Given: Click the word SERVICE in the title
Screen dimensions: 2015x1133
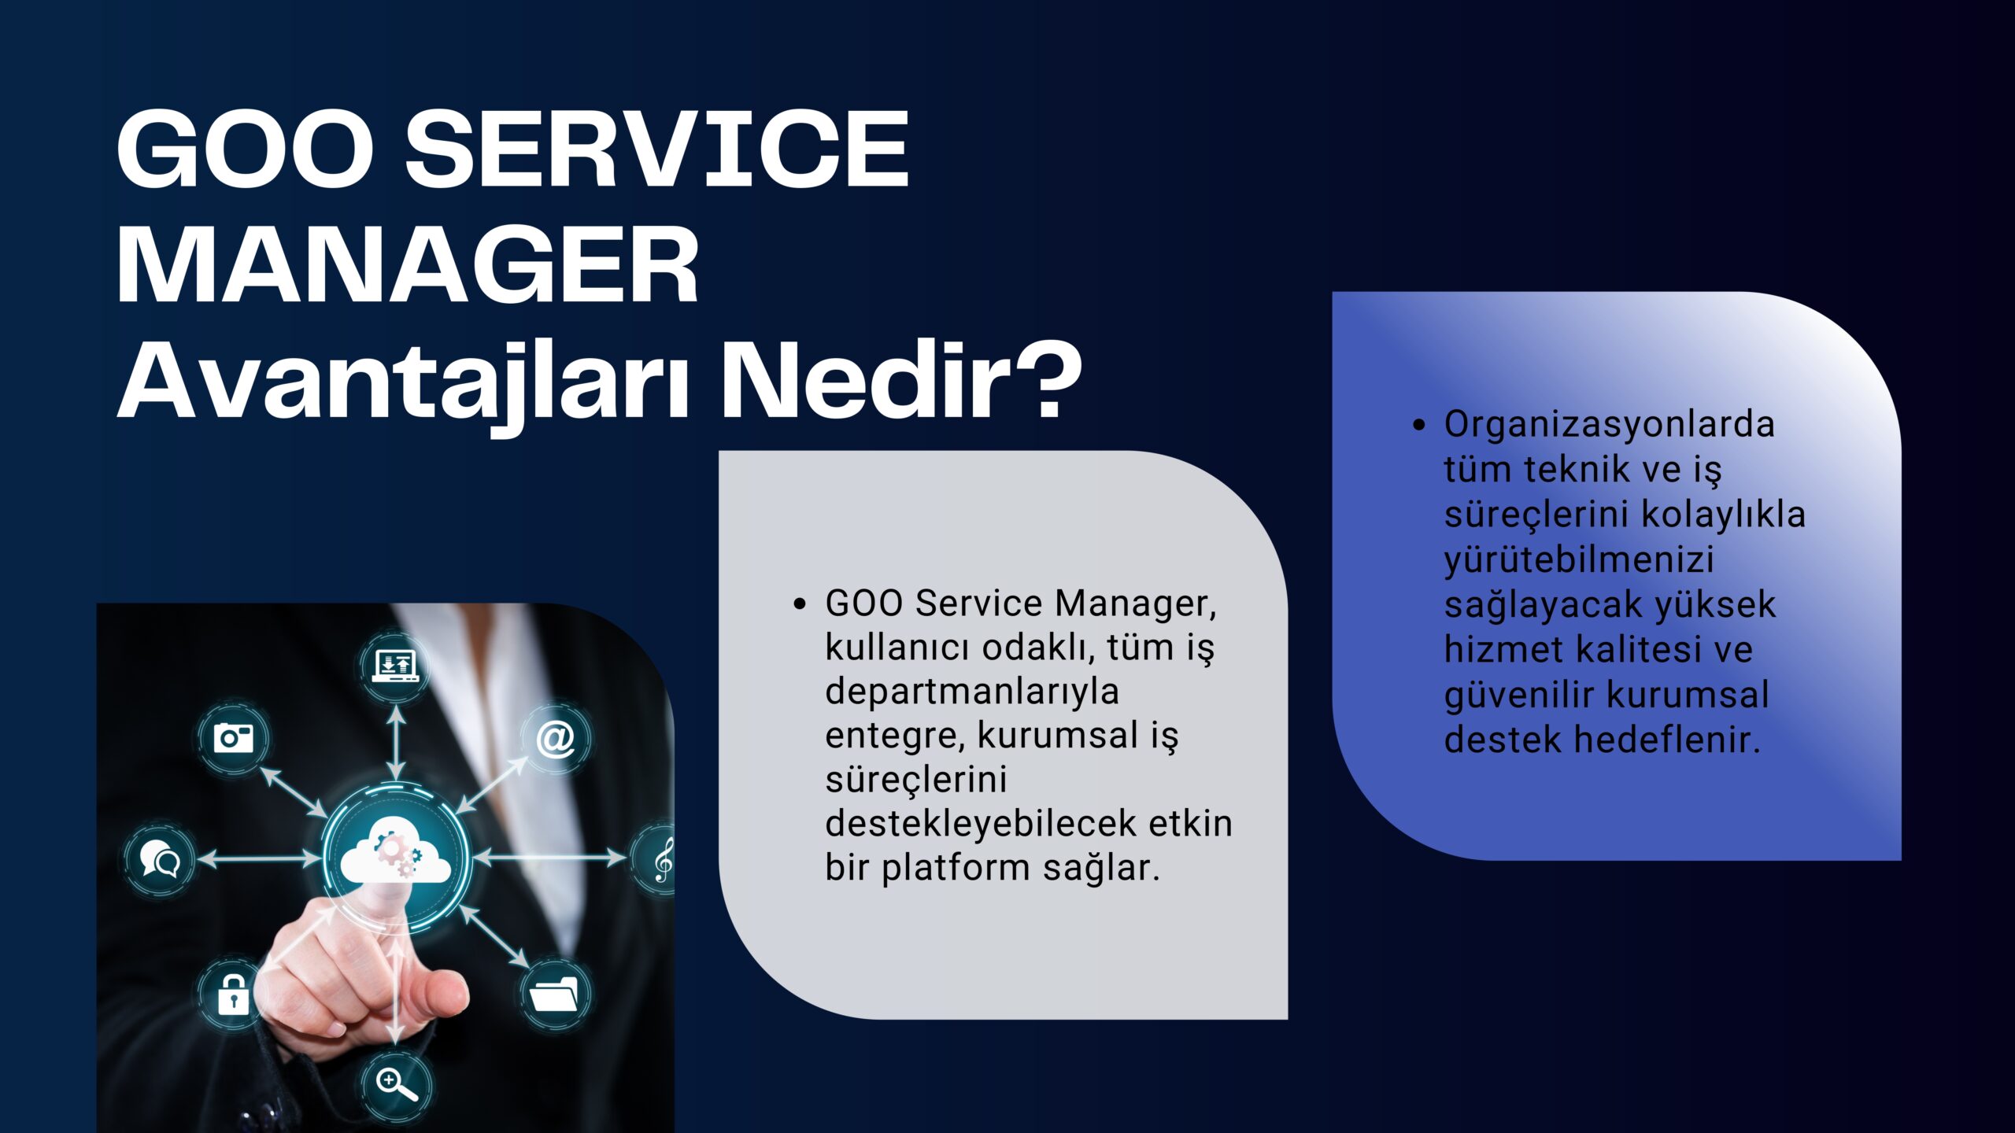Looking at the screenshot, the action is [656, 149].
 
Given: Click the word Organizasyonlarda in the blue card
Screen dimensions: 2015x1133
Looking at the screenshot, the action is [1609, 425].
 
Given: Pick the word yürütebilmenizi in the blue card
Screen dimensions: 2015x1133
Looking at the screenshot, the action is [1579, 560].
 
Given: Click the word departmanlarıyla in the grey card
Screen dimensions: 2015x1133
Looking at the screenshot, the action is [972, 693].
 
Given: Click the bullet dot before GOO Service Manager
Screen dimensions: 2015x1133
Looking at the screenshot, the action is [800, 604].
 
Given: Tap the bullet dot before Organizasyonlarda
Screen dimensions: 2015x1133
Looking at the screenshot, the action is [1419, 426].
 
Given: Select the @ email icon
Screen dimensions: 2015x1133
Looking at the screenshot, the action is [555, 740].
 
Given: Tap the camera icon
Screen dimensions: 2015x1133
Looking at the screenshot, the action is [233, 738].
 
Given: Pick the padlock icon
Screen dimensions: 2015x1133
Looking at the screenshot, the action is [233, 994].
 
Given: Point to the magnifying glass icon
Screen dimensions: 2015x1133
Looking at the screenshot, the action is [396, 1085].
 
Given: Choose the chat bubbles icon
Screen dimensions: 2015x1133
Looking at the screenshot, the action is [160, 858].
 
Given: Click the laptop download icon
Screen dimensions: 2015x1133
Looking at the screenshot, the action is [395, 666].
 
